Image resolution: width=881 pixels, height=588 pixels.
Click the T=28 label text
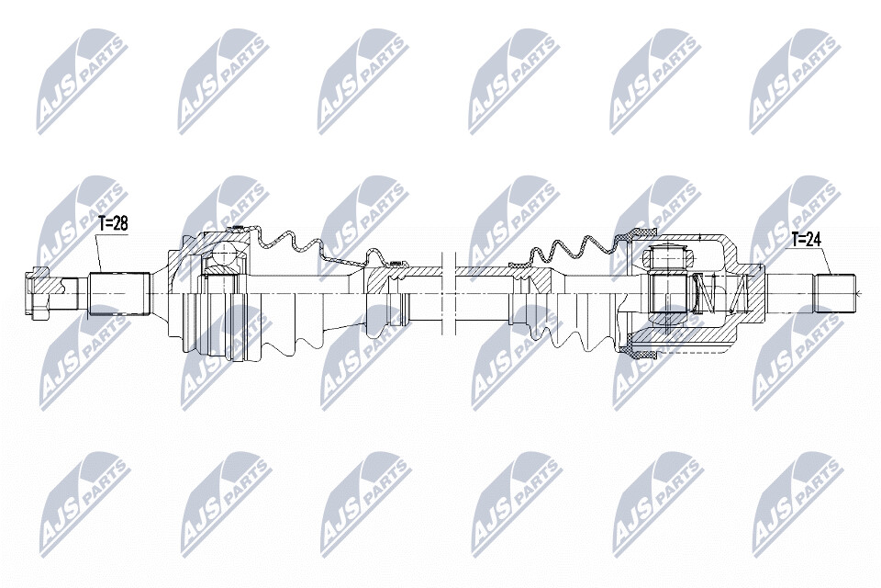113,223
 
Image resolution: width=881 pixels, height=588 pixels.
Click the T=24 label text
807,240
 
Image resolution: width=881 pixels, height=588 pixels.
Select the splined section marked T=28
119,294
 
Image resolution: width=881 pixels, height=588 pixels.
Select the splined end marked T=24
835,293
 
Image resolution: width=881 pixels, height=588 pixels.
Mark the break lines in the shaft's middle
449,292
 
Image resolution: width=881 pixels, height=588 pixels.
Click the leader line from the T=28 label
98,254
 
